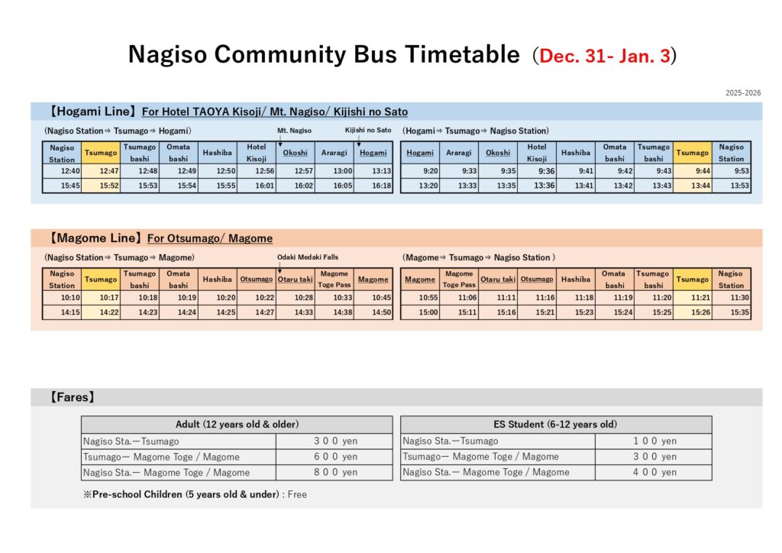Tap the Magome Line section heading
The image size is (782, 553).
(x=89, y=238)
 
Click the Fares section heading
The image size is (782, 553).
(x=72, y=397)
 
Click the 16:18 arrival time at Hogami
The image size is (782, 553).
(x=373, y=186)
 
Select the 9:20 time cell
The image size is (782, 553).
(x=420, y=171)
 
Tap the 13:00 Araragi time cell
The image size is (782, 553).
(x=334, y=171)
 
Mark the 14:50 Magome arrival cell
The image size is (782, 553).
(x=373, y=312)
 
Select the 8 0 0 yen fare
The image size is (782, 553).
(x=334, y=472)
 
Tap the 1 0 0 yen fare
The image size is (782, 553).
(x=654, y=441)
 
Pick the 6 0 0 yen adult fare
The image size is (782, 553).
(x=334, y=457)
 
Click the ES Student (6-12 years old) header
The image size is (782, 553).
(x=556, y=425)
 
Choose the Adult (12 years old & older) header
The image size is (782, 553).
(x=237, y=425)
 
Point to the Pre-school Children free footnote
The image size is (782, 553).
(x=195, y=494)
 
